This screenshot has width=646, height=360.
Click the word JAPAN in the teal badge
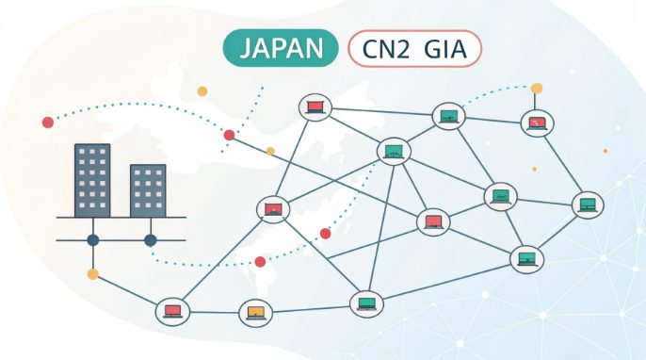[x=280, y=48]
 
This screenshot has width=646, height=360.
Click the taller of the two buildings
[x=92, y=179]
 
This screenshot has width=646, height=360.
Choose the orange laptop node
[x=254, y=312]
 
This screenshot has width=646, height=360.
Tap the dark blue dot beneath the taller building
[x=93, y=240]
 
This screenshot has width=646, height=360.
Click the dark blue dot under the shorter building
[x=150, y=240]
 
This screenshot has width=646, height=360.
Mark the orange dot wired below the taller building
[x=92, y=274]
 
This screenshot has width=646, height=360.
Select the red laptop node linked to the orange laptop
[x=172, y=311]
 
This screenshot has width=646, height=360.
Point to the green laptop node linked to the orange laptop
[x=365, y=303]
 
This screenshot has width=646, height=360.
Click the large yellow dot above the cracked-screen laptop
[x=537, y=89]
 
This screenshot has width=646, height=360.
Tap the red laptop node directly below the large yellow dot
[x=537, y=123]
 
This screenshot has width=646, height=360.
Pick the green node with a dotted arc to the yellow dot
[x=449, y=117]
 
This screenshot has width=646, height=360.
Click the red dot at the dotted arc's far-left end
[x=48, y=122]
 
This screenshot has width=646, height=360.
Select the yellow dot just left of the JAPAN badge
[x=202, y=91]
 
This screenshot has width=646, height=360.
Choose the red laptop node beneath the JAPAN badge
[x=314, y=107]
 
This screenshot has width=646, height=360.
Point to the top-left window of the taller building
[x=81, y=154]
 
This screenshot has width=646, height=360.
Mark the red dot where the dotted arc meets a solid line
[x=229, y=135]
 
